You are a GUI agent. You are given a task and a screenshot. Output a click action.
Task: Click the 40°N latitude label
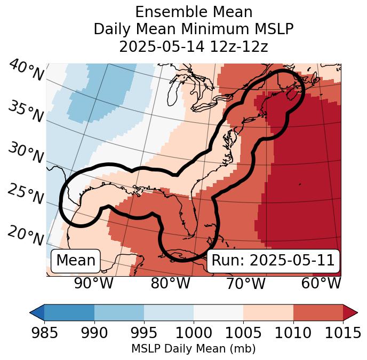26,71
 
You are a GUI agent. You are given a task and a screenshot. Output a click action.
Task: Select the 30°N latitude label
25,153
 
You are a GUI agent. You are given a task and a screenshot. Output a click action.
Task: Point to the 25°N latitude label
25,194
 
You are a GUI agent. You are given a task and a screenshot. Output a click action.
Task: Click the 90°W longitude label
93,283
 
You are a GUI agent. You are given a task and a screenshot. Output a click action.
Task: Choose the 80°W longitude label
170,283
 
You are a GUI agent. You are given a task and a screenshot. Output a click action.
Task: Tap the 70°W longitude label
245,283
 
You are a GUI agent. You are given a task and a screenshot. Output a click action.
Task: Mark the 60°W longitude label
321,283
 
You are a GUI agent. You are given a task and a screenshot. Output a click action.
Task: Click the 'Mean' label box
76,261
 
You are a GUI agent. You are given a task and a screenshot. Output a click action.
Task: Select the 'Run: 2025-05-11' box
273,261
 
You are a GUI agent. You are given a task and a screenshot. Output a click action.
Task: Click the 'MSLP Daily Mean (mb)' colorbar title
193,349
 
